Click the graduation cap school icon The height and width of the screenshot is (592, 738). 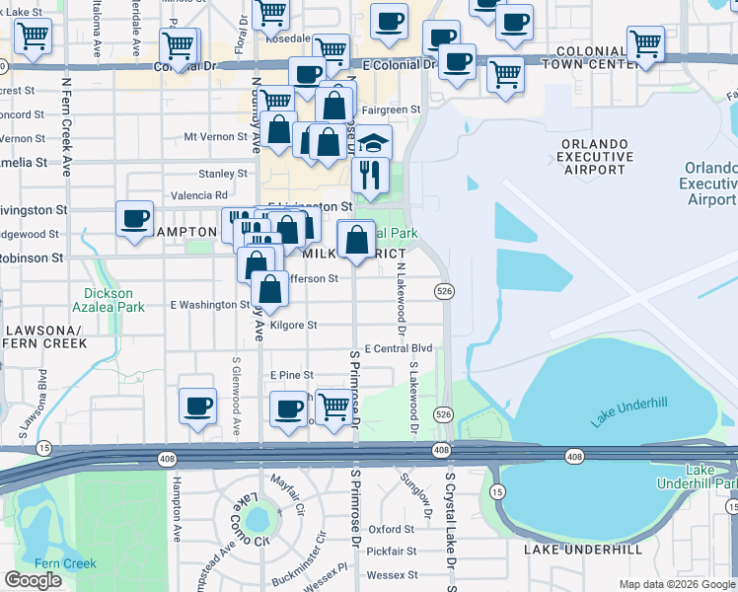374,142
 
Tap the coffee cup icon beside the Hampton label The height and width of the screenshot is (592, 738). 134,218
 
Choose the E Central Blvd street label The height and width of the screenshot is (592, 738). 399,348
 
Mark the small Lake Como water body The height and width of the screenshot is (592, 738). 258,518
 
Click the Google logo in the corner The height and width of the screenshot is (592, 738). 33,579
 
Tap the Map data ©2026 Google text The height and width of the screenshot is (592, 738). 677,584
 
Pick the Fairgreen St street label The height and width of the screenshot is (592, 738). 387,111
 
